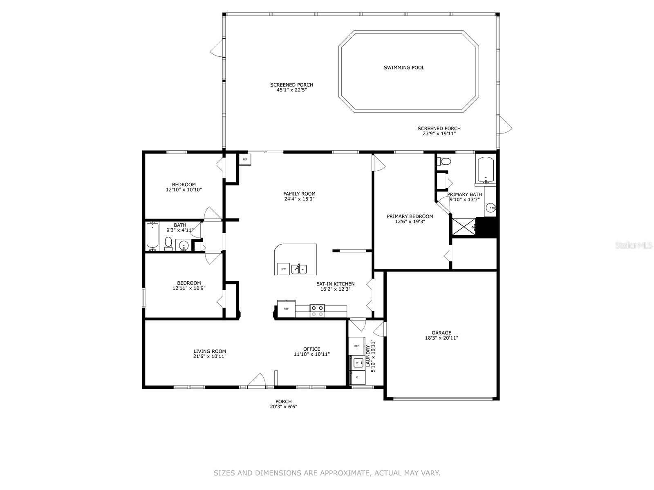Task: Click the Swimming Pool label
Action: [404, 67]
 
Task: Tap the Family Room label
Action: [299, 194]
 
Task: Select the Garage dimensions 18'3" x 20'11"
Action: [441, 338]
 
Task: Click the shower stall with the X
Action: [464, 227]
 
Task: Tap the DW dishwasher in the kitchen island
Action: [283, 269]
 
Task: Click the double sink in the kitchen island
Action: [299, 269]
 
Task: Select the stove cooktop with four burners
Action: [317, 311]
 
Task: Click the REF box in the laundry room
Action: [356, 346]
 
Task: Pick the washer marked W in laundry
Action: [357, 363]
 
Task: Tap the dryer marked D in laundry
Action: [357, 378]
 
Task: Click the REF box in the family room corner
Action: [245, 160]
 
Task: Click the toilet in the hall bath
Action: [168, 244]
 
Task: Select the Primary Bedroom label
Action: [410, 216]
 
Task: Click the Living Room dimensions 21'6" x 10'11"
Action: [210, 356]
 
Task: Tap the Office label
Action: [311, 349]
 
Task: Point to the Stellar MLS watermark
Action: [634, 245]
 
